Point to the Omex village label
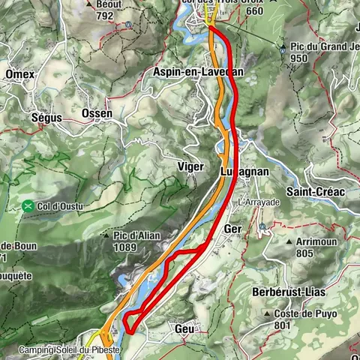[x=19, y=74]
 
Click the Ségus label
[x=46, y=118]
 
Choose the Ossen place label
[x=97, y=113]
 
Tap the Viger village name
[x=190, y=166]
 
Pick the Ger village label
[x=232, y=228]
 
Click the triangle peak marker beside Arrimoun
[x=289, y=243]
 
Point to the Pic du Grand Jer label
[x=323, y=49]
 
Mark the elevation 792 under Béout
[x=104, y=14]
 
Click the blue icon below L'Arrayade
[x=261, y=226]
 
